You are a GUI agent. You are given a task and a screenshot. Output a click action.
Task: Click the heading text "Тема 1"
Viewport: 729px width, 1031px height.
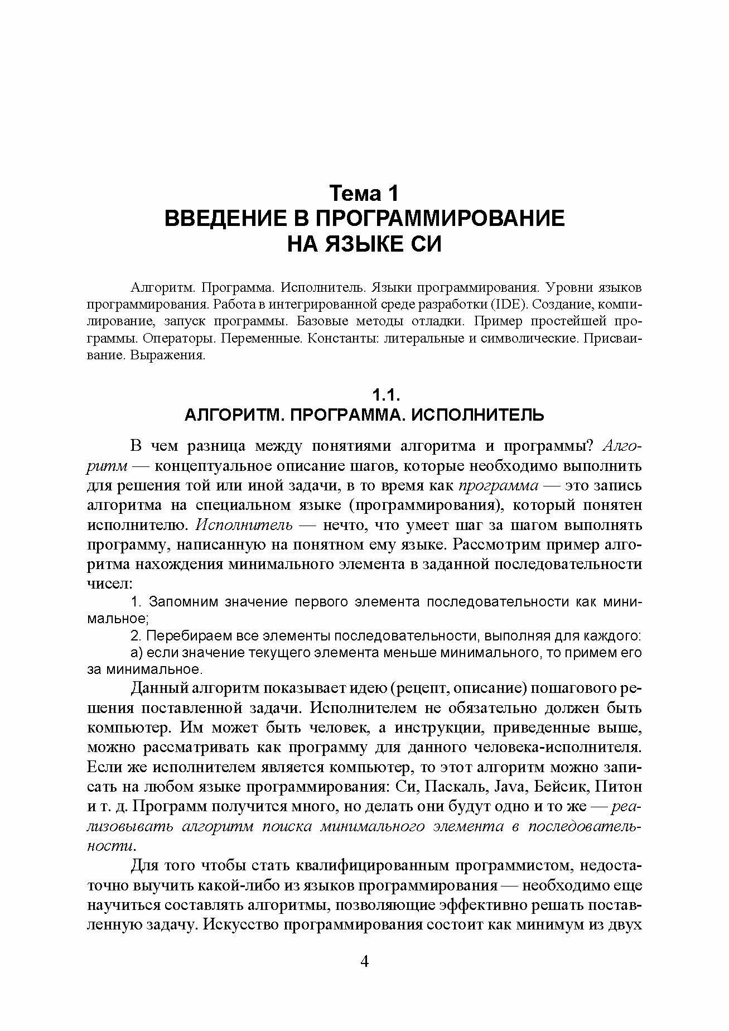point(365,194)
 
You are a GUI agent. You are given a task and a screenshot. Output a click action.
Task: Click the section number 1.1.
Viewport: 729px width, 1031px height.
point(387,396)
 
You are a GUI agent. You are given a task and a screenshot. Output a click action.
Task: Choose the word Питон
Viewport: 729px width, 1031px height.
point(619,787)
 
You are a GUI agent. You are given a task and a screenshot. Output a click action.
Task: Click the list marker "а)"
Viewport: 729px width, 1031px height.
point(137,653)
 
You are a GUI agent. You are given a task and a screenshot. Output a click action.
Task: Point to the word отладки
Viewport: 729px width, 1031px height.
point(437,321)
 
